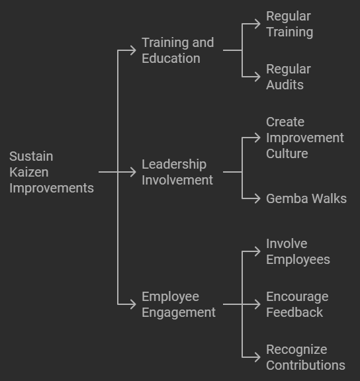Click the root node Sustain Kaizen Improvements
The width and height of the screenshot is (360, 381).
(52, 172)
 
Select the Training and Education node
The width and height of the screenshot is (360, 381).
(178, 50)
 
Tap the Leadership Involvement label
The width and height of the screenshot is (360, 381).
(177, 172)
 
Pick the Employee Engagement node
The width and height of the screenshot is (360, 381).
(179, 304)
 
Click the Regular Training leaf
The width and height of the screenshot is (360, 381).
(289, 24)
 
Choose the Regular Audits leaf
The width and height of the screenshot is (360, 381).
(289, 77)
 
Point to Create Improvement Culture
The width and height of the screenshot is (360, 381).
(305, 138)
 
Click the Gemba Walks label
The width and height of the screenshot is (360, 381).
(306, 198)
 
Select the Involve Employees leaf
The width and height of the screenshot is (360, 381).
(298, 251)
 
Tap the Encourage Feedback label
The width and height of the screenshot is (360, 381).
(297, 304)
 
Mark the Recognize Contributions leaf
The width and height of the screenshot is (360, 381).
(306, 357)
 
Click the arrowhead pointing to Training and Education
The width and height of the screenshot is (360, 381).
(133, 50)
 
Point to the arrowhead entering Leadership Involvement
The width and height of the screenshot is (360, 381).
(133, 172)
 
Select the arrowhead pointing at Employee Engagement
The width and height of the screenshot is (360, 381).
(133, 304)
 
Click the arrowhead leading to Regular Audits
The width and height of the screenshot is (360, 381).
(257, 77)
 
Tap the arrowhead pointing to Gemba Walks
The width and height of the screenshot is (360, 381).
(257, 198)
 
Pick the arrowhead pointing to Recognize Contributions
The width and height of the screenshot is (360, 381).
(257, 357)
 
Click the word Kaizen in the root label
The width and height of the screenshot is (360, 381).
(29, 172)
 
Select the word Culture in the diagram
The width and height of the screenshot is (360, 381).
(287, 153)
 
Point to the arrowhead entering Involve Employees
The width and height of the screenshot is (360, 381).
(257, 251)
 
